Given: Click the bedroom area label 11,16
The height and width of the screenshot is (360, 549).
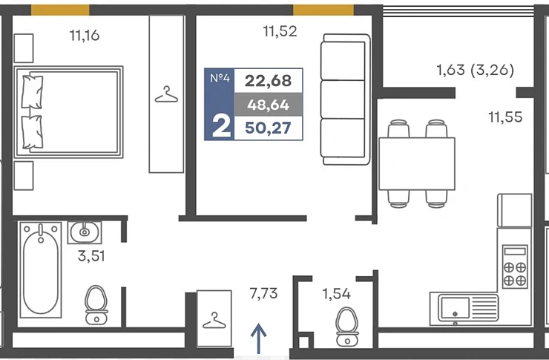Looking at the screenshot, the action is click(85, 36).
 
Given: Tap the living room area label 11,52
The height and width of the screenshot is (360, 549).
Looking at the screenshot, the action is click(280, 31).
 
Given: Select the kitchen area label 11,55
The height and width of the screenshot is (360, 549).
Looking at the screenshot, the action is click(505, 117).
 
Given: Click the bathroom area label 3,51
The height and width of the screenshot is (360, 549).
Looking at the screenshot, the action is click(91, 256).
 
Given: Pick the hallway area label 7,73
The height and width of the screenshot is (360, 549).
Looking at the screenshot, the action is click(263, 293).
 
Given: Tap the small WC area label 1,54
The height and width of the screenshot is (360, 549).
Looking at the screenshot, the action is click(337, 294).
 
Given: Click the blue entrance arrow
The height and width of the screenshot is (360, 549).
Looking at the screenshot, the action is click(259, 338).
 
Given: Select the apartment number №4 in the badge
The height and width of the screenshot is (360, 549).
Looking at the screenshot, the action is click(220, 78).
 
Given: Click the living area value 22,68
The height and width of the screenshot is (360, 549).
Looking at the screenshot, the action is click(269, 81).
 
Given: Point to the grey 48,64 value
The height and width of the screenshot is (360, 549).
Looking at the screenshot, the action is click(269, 105).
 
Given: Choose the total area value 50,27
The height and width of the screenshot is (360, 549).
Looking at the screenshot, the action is click(269, 128).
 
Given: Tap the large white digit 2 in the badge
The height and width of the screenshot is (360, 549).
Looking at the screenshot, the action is click(221, 126).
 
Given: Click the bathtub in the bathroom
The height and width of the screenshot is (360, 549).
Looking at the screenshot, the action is click(41, 269).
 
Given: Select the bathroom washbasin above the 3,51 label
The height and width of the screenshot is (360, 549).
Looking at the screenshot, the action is click(85, 232).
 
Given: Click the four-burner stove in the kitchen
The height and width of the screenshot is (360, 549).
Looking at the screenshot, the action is click(515, 267).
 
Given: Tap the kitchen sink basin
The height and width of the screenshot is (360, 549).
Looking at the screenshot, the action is click(455, 308).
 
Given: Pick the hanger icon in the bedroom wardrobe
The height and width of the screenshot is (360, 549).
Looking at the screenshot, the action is click(166, 94).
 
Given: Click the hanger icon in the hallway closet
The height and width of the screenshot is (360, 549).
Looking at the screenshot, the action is click(214, 321).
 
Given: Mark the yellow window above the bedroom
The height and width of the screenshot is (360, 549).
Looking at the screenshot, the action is click(60, 10).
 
